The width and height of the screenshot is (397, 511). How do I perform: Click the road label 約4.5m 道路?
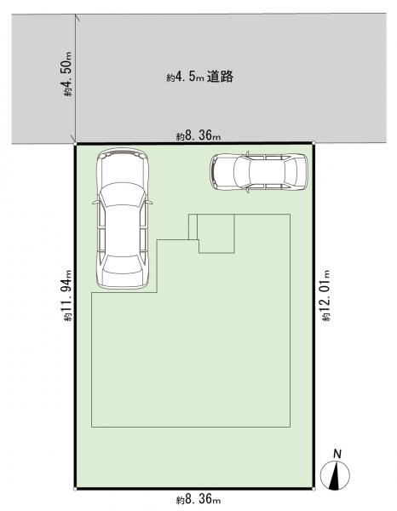pos(200,77)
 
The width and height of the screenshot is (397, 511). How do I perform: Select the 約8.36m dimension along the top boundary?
pos(198,135)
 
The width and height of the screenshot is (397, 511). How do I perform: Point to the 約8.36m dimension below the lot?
pos(198,499)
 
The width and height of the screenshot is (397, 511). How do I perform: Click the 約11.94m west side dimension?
pos(68,296)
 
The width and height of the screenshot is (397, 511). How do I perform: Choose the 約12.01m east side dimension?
pos(326,296)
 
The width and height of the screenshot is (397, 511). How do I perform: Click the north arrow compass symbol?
pos(335,474)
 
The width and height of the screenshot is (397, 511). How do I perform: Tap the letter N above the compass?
pos(337,454)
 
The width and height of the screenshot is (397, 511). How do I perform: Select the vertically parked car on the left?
pos(123,219)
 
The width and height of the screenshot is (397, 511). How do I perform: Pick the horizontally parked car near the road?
pos(258,172)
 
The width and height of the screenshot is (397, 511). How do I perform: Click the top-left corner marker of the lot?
pos(75,143)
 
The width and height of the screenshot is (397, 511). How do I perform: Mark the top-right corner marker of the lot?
pos(314,143)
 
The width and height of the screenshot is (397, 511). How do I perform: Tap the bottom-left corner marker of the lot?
pos(75,489)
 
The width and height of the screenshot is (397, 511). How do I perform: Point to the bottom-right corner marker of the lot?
pos(314,489)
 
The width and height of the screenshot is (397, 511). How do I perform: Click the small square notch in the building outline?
pos(216,233)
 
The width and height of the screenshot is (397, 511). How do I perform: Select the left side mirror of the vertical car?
pos(95,203)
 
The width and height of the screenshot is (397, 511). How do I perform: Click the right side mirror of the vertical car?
pos(150,203)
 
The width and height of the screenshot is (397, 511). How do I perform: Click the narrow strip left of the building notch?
pos(193,227)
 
